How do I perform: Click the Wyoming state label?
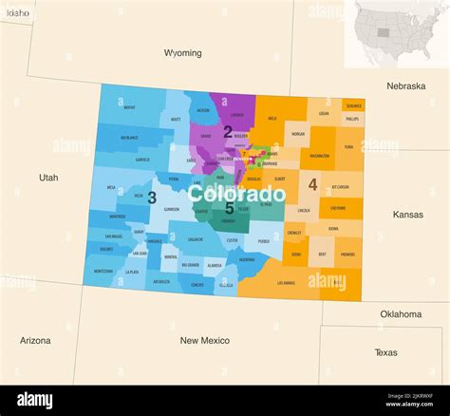(182, 53)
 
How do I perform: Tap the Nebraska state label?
(405, 85)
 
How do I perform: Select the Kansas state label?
(408, 215)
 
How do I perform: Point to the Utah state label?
(48, 178)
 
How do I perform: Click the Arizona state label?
(35, 340)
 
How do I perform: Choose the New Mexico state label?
(204, 340)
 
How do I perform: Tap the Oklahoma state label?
(401, 313)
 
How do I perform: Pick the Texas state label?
(386, 352)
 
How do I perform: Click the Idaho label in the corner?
(17, 12)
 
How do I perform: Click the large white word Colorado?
(236, 194)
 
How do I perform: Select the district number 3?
(152, 198)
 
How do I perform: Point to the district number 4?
(312, 184)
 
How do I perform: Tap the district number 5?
(229, 207)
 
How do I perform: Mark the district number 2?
(228, 132)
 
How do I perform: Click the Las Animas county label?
(286, 282)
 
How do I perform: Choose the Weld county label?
(272, 119)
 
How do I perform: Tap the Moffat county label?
(129, 107)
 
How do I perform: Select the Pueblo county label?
(264, 241)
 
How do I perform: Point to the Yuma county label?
(349, 146)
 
